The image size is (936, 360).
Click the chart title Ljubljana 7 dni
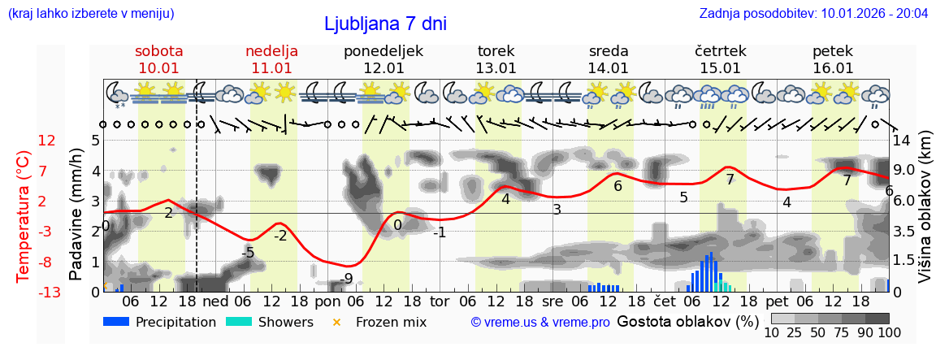pyautogui.click(x=385, y=24)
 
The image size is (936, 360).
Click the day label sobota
pyautogui.click(x=159, y=51)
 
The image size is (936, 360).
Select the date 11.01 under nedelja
pyautogui.click(x=271, y=68)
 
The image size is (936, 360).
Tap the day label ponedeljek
pyautogui.click(x=383, y=51)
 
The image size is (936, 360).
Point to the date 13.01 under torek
pyautogui.click(x=496, y=68)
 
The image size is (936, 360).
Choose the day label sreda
pyautogui.click(x=609, y=51)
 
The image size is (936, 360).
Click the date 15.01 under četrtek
pyautogui.click(x=721, y=68)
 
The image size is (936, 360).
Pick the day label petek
pyautogui.click(x=833, y=51)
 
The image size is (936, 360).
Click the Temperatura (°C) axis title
pyautogui.click(x=24, y=216)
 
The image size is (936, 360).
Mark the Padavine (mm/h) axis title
pyautogui.click(x=76, y=215)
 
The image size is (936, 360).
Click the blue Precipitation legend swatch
pyautogui.click(x=117, y=322)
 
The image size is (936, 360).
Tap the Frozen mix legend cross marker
pyautogui.click(x=337, y=322)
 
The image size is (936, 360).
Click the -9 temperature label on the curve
pyautogui.click(x=347, y=279)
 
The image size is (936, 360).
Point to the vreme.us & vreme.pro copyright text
pyautogui.click(x=540, y=322)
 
